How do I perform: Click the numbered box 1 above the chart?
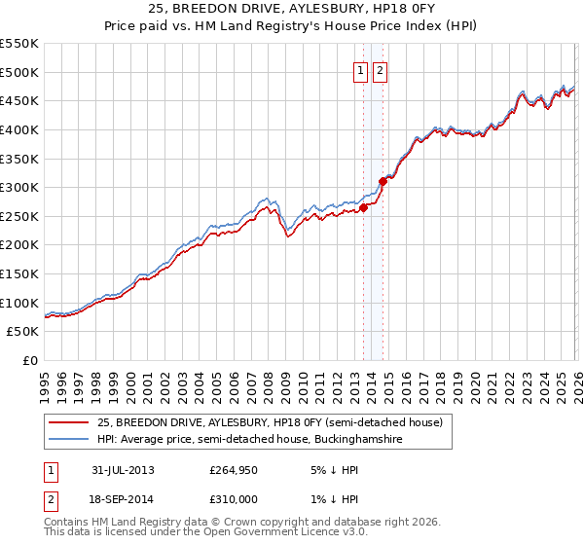(x=360, y=70)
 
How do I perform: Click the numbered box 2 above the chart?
(x=380, y=70)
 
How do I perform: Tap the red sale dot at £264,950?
(x=363, y=206)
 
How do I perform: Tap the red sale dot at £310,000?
(x=383, y=180)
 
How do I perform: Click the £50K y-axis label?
(x=23, y=332)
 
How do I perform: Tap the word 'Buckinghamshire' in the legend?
(x=364, y=440)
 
